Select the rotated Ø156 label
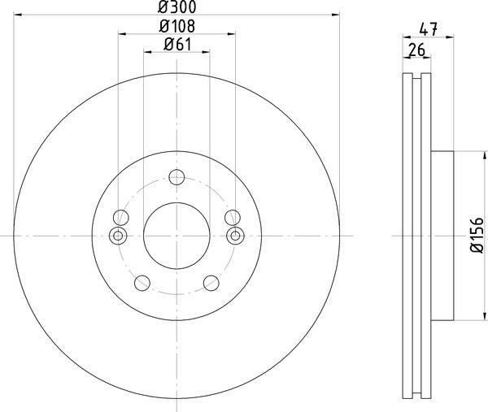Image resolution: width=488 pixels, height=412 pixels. (477, 236)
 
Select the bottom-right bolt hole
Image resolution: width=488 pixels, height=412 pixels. (211, 283)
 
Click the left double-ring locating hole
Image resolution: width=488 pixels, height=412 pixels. (118, 236)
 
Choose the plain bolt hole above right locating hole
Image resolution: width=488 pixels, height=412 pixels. (233, 216)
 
